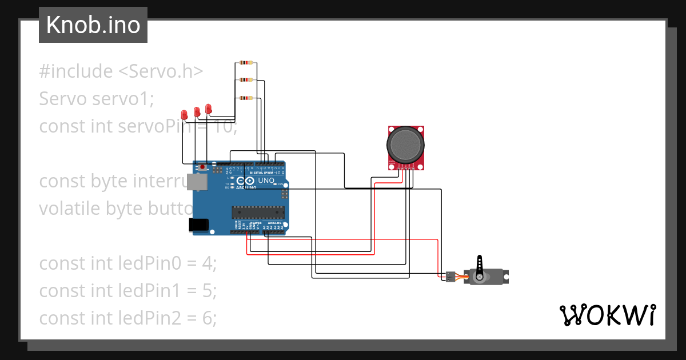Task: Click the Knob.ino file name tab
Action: pyautogui.click(x=93, y=25)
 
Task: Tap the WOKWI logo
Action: pyautogui.click(x=607, y=315)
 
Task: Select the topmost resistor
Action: pyautogui.click(x=246, y=63)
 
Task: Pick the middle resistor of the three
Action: pyautogui.click(x=246, y=80)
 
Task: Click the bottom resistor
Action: pyautogui.click(x=246, y=98)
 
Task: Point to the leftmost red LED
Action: pyautogui.click(x=185, y=114)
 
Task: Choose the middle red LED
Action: pyautogui.click(x=197, y=111)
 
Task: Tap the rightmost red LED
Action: pyautogui.click(x=209, y=108)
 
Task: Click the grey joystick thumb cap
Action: pyautogui.click(x=406, y=144)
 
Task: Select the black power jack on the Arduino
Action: pyautogui.click(x=200, y=225)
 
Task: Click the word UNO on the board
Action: pyautogui.click(x=267, y=181)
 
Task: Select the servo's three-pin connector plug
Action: pyautogui.click(x=450, y=277)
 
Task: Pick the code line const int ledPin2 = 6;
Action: pyautogui.click(x=128, y=318)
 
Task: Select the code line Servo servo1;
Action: pyautogui.click(x=97, y=99)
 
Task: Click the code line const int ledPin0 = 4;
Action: pyautogui.click(x=128, y=263)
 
